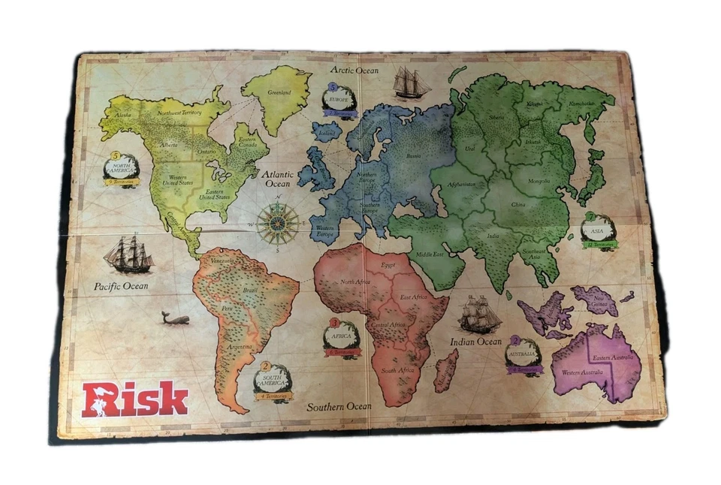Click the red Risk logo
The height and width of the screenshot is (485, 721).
(135, 399)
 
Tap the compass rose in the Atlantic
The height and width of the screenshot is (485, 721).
(278, 224)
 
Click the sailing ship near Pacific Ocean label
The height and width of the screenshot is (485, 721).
(129, 255)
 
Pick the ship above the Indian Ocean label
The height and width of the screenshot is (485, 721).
(478, 313)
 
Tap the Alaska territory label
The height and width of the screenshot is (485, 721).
(119, 115)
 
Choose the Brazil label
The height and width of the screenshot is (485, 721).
(251, 289)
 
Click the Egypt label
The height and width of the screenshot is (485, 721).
(388, 265)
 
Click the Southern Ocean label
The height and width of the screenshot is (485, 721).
(339, 406)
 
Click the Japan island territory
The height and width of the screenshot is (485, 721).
(593, 176)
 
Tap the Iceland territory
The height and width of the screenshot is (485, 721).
(327, 133)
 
